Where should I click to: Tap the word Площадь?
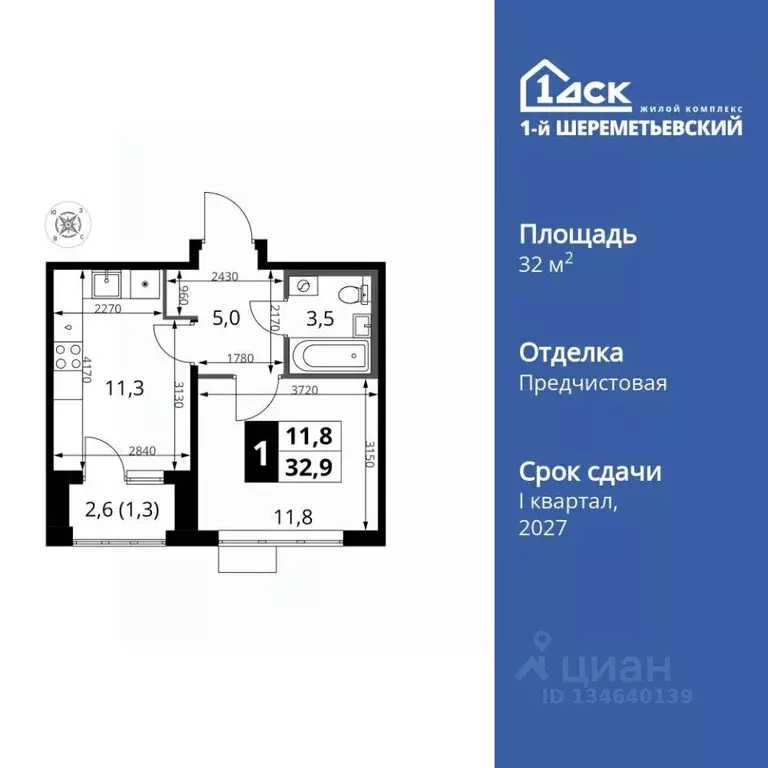tap(578, 235)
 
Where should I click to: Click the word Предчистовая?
tap(592, 383)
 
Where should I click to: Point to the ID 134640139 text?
tap(617, 695)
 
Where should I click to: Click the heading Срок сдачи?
tap(590, 471)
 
